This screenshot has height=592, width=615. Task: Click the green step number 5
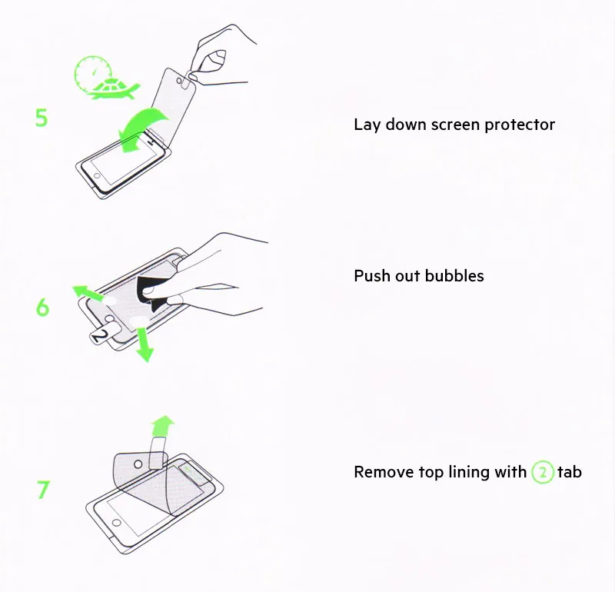(42, 118)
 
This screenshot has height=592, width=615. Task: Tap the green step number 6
(42, 308)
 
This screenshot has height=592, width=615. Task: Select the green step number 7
(44, 490)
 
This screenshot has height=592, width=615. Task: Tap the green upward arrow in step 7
(162, 427)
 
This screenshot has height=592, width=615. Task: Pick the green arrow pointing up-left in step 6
(88, 293)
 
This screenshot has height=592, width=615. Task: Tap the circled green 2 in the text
(543, 472)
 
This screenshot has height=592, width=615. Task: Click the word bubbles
(454, 276)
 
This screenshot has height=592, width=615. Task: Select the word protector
(520, 125)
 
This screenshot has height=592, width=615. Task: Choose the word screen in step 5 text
(456, 125)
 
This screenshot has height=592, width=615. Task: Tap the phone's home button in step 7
(117, 523)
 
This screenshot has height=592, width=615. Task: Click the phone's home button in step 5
(97, 176)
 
